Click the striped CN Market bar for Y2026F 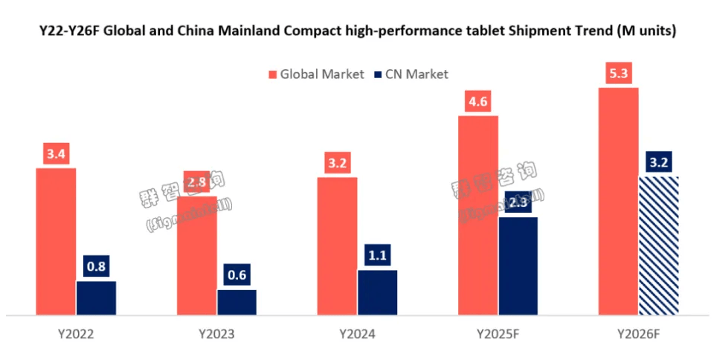click(659, 245)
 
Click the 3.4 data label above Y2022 click(56, 155)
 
